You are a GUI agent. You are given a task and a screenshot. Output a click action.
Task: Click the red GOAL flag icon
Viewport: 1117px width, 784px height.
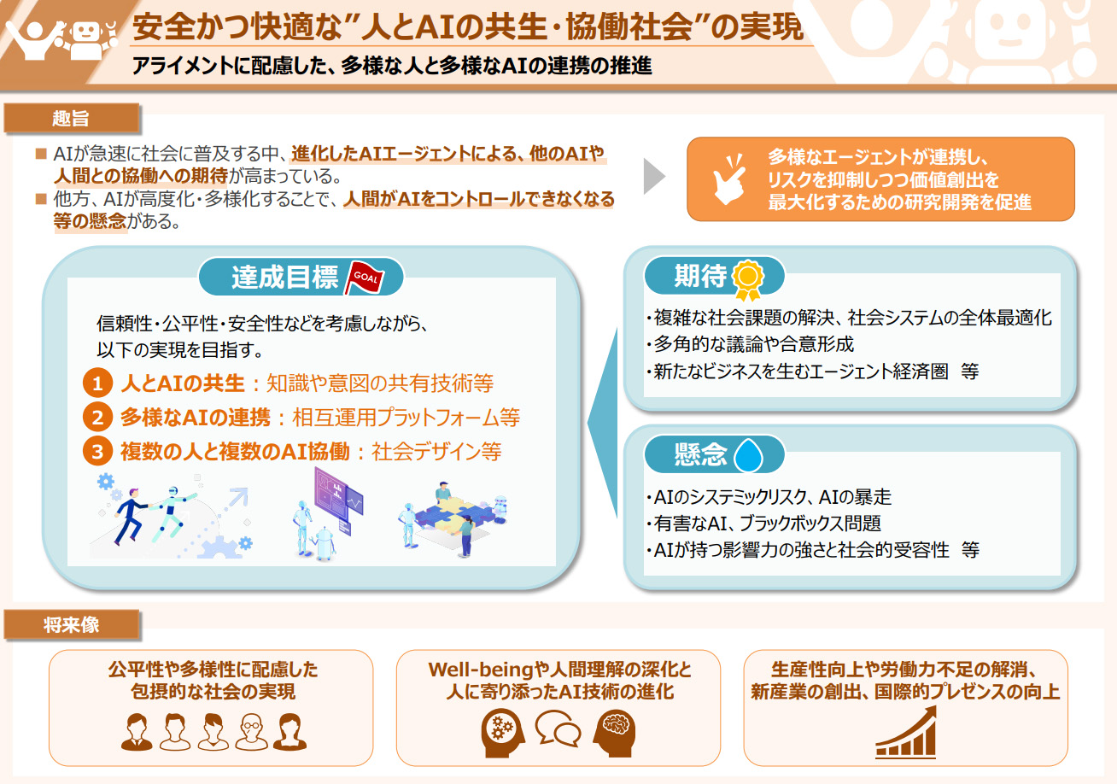tap(365, 278)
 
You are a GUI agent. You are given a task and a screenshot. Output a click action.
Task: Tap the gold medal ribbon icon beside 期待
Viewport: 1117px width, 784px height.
tap(747, 280)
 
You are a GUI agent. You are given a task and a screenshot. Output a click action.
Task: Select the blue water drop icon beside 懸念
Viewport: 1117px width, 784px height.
tap(748, 455)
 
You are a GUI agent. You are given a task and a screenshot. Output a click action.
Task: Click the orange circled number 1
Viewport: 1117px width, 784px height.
tap(97, 383)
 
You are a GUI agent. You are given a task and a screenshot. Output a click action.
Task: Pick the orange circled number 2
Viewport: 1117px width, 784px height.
tap(97, 417)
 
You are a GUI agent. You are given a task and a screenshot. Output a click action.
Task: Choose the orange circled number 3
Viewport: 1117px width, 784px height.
tap(97, 451)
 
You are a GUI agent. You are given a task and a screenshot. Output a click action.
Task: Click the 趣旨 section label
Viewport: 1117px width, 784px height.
tap(72, 118)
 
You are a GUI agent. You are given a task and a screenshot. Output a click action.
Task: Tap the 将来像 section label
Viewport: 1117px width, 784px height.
tap(72, 624)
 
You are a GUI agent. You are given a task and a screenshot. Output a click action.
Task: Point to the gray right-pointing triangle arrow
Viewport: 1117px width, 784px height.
tap(654, 176)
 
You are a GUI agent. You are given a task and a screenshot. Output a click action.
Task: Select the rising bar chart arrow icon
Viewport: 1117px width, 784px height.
tap(906, 733)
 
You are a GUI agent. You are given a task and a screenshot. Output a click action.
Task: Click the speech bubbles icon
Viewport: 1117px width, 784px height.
tap(558, 728)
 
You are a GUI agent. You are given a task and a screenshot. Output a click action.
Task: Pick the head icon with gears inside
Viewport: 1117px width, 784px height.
tap(503, 733)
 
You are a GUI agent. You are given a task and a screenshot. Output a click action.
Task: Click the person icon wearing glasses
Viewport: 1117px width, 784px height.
tap(252, 732)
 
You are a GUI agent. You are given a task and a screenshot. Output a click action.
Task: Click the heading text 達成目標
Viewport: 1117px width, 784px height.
tap(284, 277)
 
